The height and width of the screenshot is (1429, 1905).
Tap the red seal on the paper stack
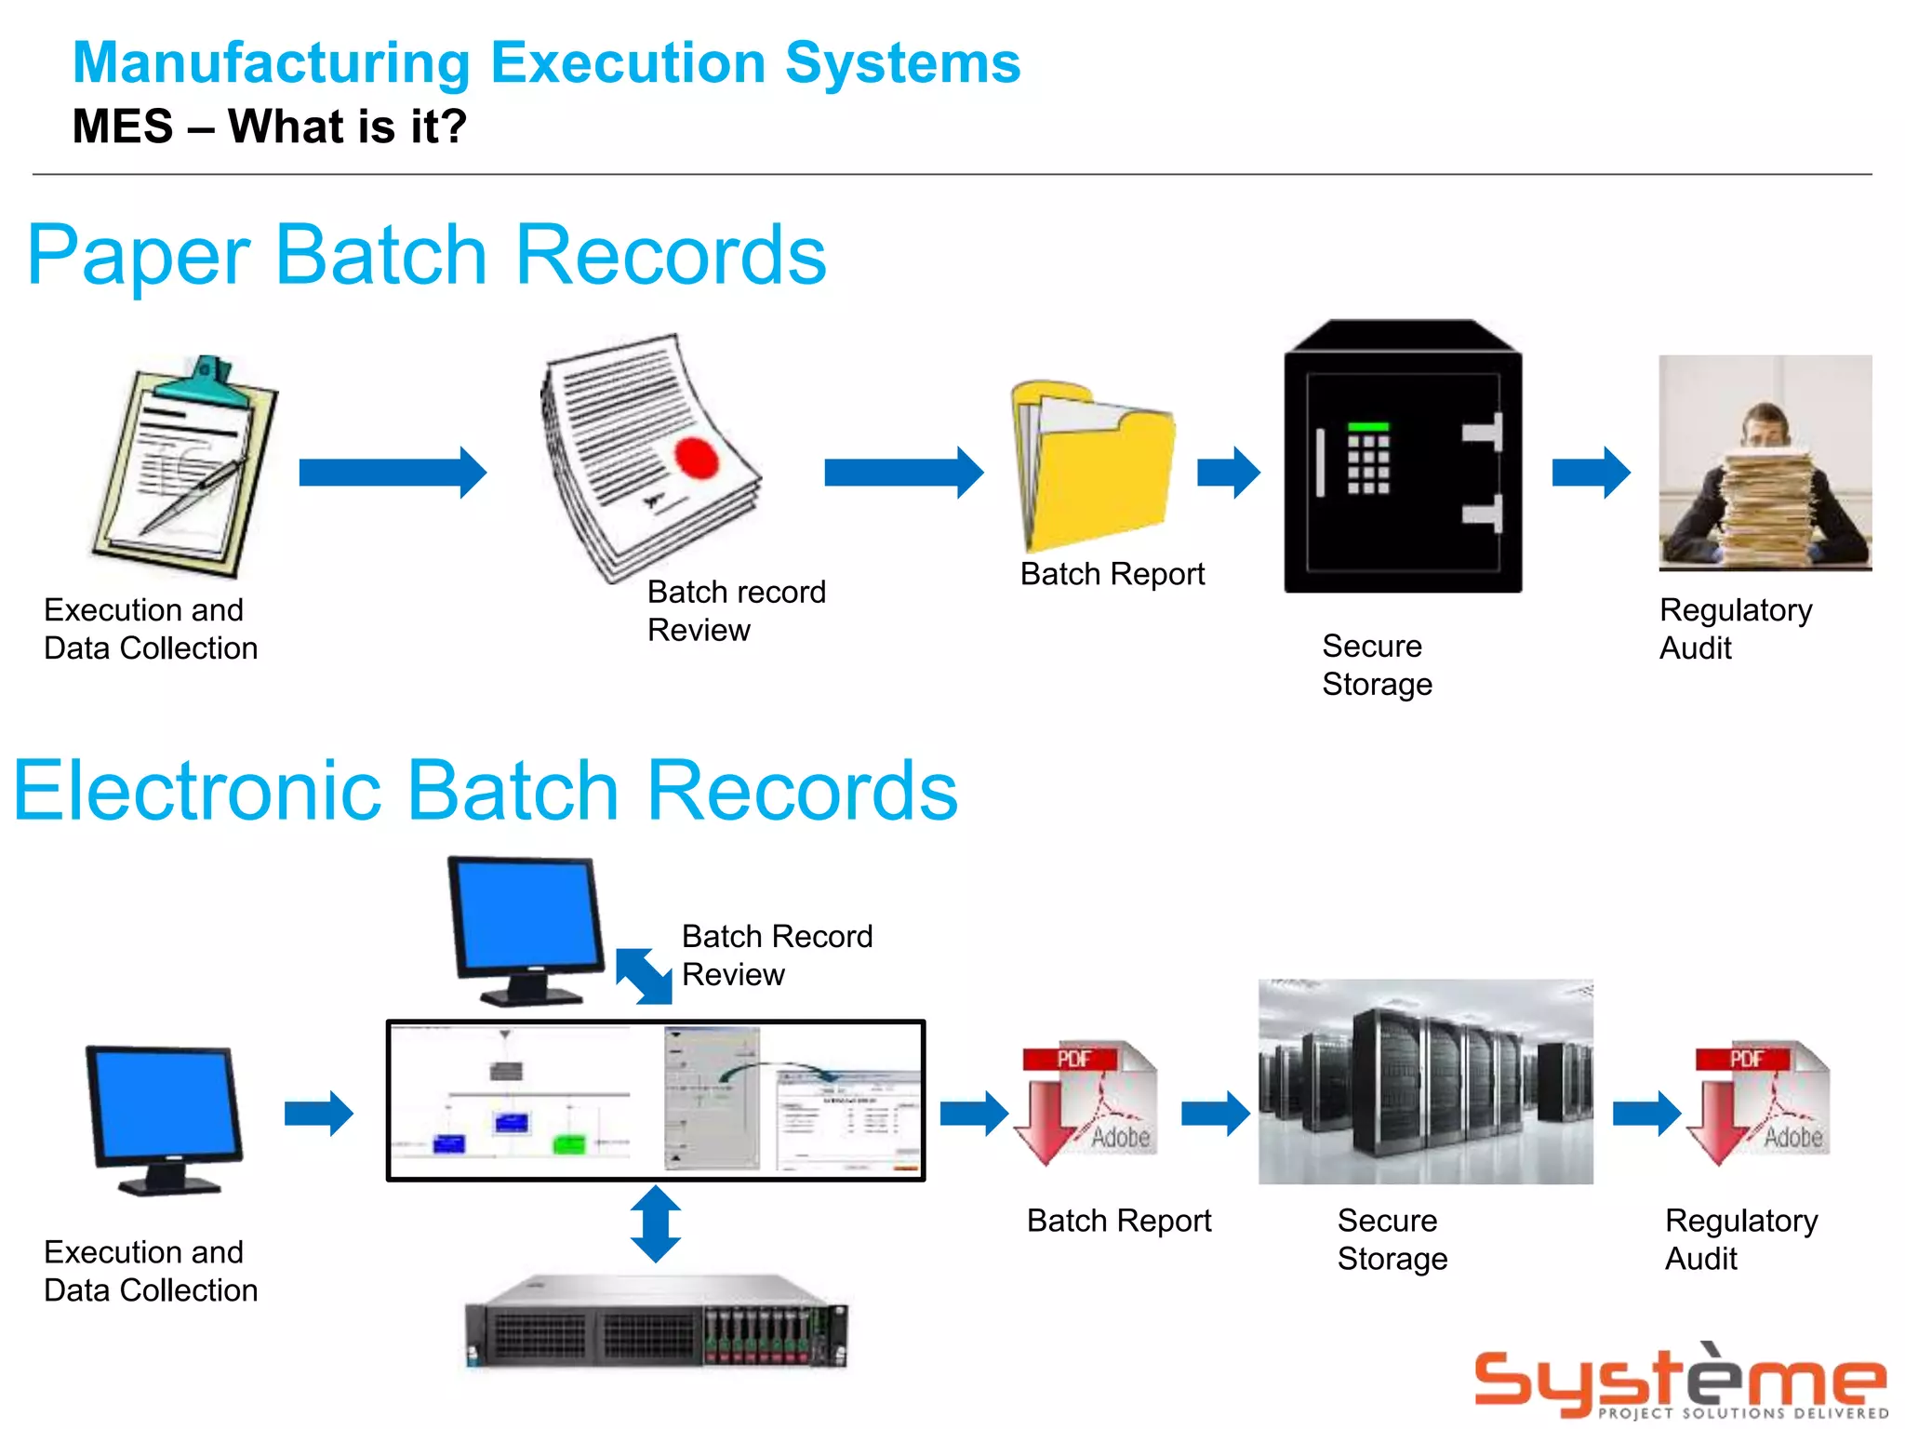click(x=696, y=458)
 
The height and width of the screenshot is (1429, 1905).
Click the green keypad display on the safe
click(x=1368, y=426)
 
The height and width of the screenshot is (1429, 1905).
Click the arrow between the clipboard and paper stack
click(x=393, y=473)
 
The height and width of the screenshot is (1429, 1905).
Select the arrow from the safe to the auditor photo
click(x=1591, y=473)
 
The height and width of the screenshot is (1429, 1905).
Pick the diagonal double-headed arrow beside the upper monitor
click(x=644, y=976)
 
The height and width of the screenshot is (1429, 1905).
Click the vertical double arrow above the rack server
click(x=655, y=1223)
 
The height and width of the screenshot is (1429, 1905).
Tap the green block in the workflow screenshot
click(x=568, y=1143)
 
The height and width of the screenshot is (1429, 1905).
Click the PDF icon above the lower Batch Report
click(x=1086, y=1102)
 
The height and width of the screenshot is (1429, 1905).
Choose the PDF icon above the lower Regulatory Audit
click(x=1760, y=1102)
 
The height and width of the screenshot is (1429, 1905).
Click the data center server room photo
click(x=1425, y=1081)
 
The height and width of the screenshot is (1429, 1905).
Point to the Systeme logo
click(x=1680, y=1382)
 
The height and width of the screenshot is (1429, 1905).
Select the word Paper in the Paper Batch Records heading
click(x=138, y=256)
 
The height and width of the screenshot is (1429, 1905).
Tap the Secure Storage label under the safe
click(x=1377, y=665)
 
